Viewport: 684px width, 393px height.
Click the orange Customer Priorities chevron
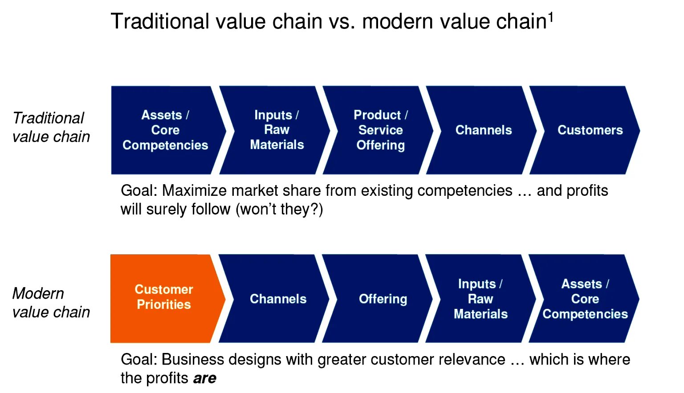pos(164,298)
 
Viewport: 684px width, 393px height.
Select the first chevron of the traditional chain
pos(165,130)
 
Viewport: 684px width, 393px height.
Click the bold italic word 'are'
pos(204,378)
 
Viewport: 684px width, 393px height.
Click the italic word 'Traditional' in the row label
pos(48,118)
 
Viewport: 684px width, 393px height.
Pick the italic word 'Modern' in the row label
pos(38,293)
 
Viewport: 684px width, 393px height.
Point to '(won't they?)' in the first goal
pos(279,209)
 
